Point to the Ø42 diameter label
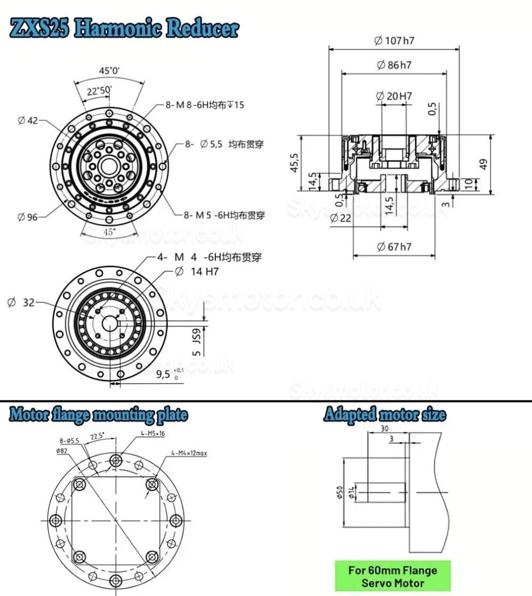pyautogui.click(x=28, y=121)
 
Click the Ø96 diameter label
pyautogui.click(x=28, y=217)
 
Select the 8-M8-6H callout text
pyautogui.click(x=204, y=105)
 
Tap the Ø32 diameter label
pyautogui.click(x=21, y=303)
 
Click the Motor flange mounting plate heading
pyautogui.click(x=98, y=415)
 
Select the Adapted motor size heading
pyautogui.click(x=384, y=415)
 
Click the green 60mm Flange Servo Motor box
pyautogui.click(x=392, y=576)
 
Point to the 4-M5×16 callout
pyautogui.click(x=153, y=433)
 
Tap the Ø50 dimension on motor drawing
pyautogui.click(x=339, y=492)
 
